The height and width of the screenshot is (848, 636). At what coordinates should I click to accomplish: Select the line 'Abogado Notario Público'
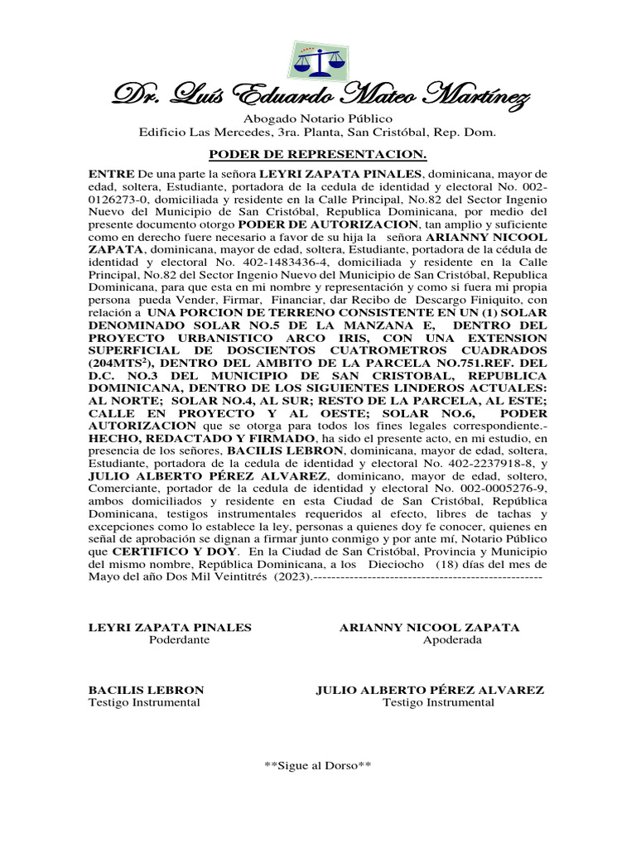click(317, 119)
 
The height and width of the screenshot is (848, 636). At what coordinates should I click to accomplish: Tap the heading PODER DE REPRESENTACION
click(317, 154)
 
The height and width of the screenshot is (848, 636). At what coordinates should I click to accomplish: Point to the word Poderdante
click(179, 640)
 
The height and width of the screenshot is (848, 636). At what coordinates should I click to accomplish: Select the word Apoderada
click(451, 640)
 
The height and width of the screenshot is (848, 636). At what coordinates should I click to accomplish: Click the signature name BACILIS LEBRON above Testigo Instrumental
click(147, 690)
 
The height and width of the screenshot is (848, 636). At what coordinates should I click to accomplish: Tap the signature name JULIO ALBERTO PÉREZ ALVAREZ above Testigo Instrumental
click(430, 690)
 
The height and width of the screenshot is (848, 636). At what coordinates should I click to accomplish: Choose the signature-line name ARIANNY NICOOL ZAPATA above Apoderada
click(430, 628)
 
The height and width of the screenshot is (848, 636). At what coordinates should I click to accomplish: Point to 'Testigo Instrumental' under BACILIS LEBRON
click(145, 702)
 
